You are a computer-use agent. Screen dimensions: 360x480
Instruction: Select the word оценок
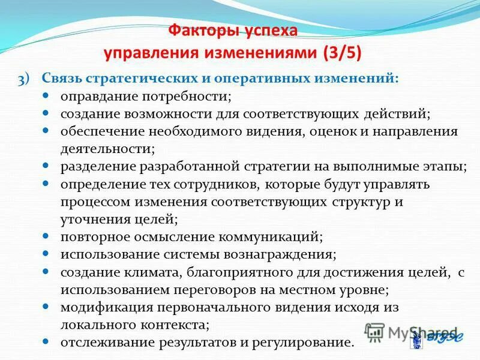(332, 131)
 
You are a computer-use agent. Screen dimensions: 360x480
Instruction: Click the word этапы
(444, 166)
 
